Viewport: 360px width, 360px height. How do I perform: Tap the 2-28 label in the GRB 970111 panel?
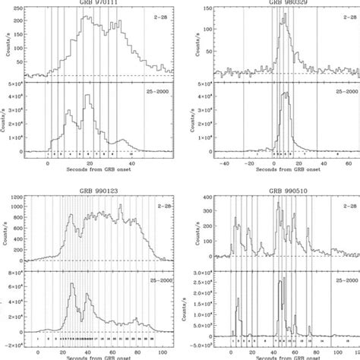pyautogui.click(x=157, y=14)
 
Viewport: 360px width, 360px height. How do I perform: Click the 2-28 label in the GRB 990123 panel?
pyautogui.click(x=157, y=204)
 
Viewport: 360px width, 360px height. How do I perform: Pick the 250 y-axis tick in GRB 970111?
pyautogui.click(x=15, y=5)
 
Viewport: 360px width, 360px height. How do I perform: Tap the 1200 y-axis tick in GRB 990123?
pyautogui.click(x=15, y=196)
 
